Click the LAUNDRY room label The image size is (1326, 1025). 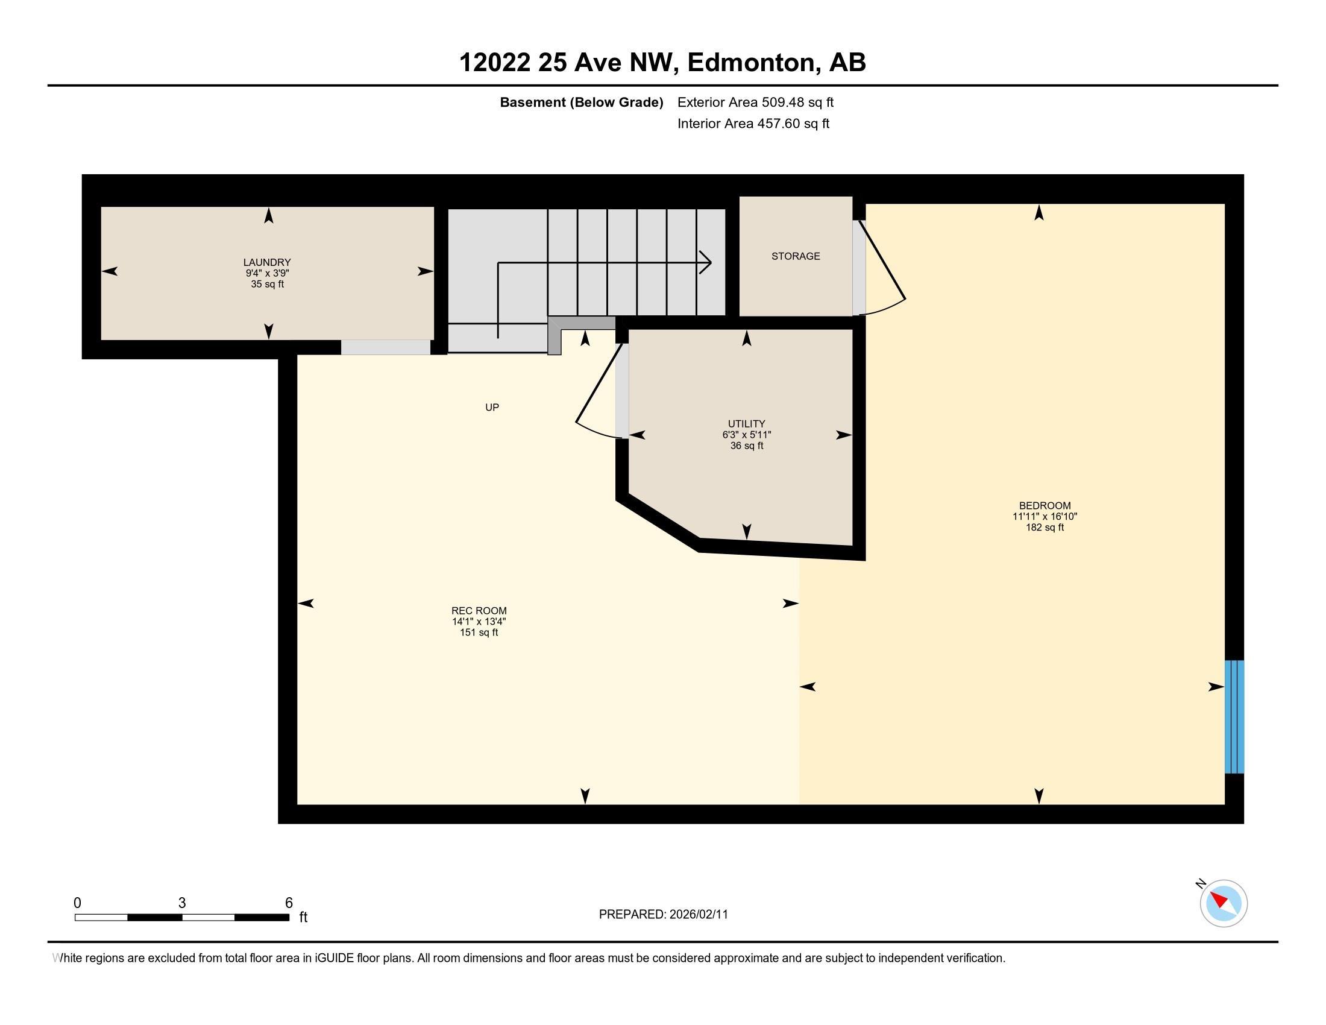click(267, 262)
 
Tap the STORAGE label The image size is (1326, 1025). click(796, 256)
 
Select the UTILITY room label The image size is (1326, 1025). click(747, 424)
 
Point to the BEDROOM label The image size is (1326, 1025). click(1045, 506)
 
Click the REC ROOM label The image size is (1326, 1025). click(479, 611)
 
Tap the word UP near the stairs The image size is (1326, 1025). click(492, 408)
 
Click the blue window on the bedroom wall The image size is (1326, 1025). click(1234, 716)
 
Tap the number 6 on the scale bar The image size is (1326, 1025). click(289, 903)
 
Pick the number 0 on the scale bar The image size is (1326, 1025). click(77, 903)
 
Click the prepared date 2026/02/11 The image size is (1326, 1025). click(698, 915)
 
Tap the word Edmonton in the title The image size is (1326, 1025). click(751, 63)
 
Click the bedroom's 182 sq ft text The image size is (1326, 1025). click(1045, 528)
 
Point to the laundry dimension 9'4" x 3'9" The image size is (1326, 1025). click(267, 273)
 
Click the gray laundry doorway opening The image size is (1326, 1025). click(386, 347)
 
